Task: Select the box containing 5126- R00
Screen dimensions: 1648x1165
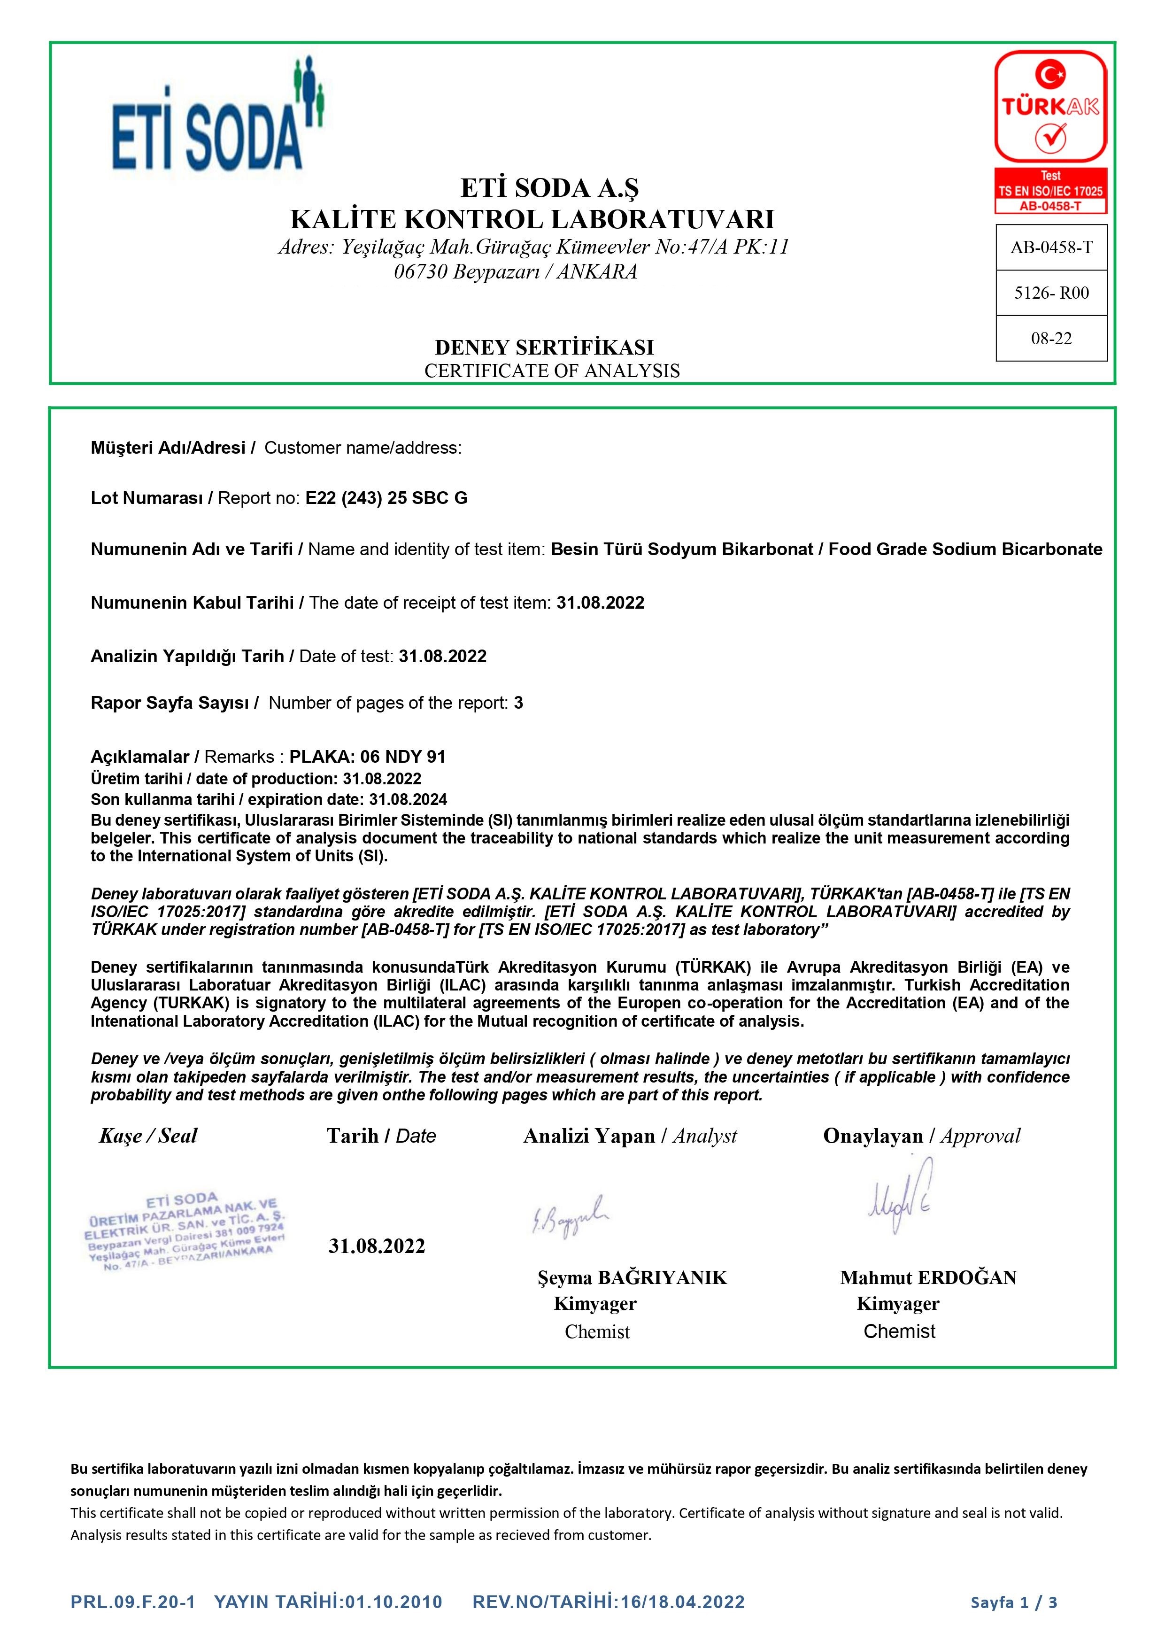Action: point(1051,293)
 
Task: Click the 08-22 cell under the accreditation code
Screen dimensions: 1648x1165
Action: point(1051,338)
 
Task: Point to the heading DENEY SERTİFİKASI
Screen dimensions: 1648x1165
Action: point(544,348)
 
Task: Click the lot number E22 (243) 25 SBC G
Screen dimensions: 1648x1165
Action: point(386,498)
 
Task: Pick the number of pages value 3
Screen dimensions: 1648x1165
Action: point(518,703)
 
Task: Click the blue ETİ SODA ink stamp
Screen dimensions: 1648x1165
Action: point(185,1232)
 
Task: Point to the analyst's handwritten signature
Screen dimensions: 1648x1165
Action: point(571,1215)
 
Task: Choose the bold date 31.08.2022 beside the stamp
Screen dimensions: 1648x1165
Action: point(377,1246)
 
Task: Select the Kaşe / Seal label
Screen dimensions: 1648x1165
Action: point(148,1136)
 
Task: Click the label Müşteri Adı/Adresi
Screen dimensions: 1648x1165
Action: point(168,448)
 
